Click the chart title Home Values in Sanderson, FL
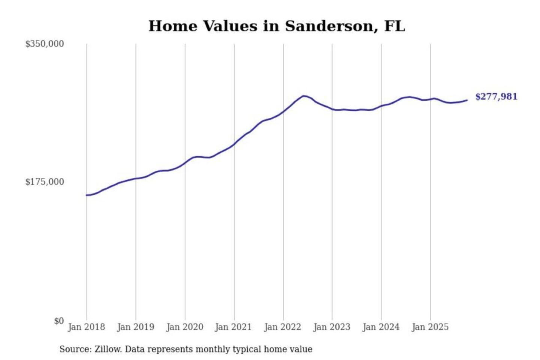click(277, 26)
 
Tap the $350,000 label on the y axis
click(45, 44)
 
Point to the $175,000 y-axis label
click(45, 182)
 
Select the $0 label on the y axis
click(58, 321)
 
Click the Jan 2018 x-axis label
click(86, 327)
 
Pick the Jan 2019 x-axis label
click(135, 327)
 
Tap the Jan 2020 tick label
click(184, 327)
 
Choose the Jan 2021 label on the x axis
click(233, 327)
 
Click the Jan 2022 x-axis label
click(282, 327)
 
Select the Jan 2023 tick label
click(331, 327)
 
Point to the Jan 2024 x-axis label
click(381, 327)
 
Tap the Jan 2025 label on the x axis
click(430, 327)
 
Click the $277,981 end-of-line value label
click(496, 97)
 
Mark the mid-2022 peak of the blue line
click(304, 96)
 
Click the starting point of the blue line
click(87, 195)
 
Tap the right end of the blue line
click(467, 100)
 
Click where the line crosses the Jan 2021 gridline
click(234, 144)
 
